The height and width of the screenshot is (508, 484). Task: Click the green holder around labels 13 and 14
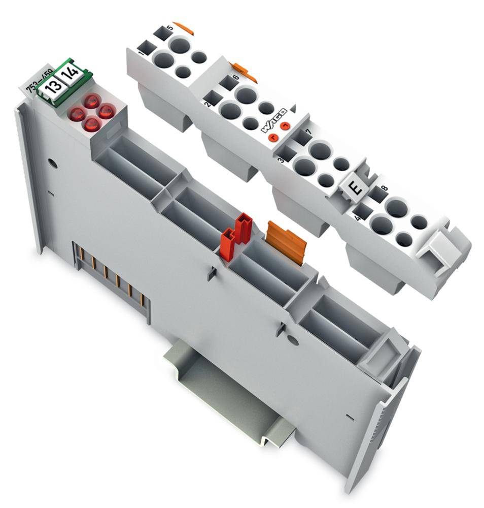pos(60,81)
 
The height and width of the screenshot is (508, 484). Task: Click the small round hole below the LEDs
pos(51,164)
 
